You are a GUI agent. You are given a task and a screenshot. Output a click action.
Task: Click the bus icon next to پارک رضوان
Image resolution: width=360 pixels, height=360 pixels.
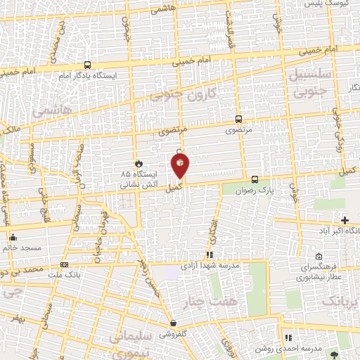tap(255, 179)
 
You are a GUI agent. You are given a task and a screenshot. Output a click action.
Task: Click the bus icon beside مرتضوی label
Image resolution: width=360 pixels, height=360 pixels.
tap(239, 120)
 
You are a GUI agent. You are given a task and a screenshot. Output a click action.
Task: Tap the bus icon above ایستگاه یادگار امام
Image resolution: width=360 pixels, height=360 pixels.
tap(87, 65)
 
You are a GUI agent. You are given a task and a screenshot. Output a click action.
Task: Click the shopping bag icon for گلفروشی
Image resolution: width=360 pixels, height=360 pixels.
tap(172, 323)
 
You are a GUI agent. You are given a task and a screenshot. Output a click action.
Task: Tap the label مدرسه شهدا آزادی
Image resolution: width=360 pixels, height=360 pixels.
tap(211, 266)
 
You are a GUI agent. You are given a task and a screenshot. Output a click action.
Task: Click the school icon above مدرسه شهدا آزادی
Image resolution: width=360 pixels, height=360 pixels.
tap(209, 255)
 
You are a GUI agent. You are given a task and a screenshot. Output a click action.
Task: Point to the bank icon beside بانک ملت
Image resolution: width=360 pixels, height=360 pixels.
tap(65, 265)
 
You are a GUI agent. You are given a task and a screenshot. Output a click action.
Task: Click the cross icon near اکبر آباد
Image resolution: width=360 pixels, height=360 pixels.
tap(344, 221)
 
